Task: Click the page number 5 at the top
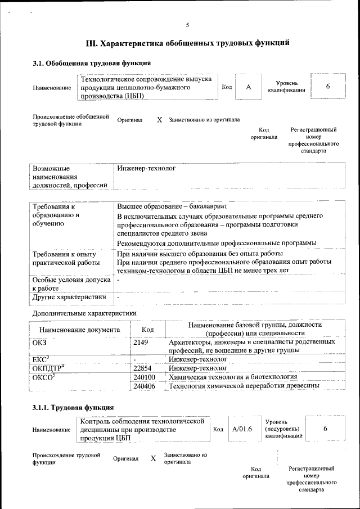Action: pyautogui.click(x=187, y=25)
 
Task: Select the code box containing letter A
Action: pyautogui.click(x=248, y=87)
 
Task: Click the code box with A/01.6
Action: pyautogui.click(x=242, y=429)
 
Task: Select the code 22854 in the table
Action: pyautogui.click(x=143, y=368)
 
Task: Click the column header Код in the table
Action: pyautogui.click(x=147, y=330)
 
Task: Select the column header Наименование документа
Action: pyautogui.click(x=79, y=330)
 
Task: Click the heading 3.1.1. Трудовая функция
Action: pyautogui.click(x=73, y=407)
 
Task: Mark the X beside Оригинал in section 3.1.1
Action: pyautogui.click(x=153, y=458)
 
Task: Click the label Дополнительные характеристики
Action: pyautogui.click(x=84, y=313)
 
